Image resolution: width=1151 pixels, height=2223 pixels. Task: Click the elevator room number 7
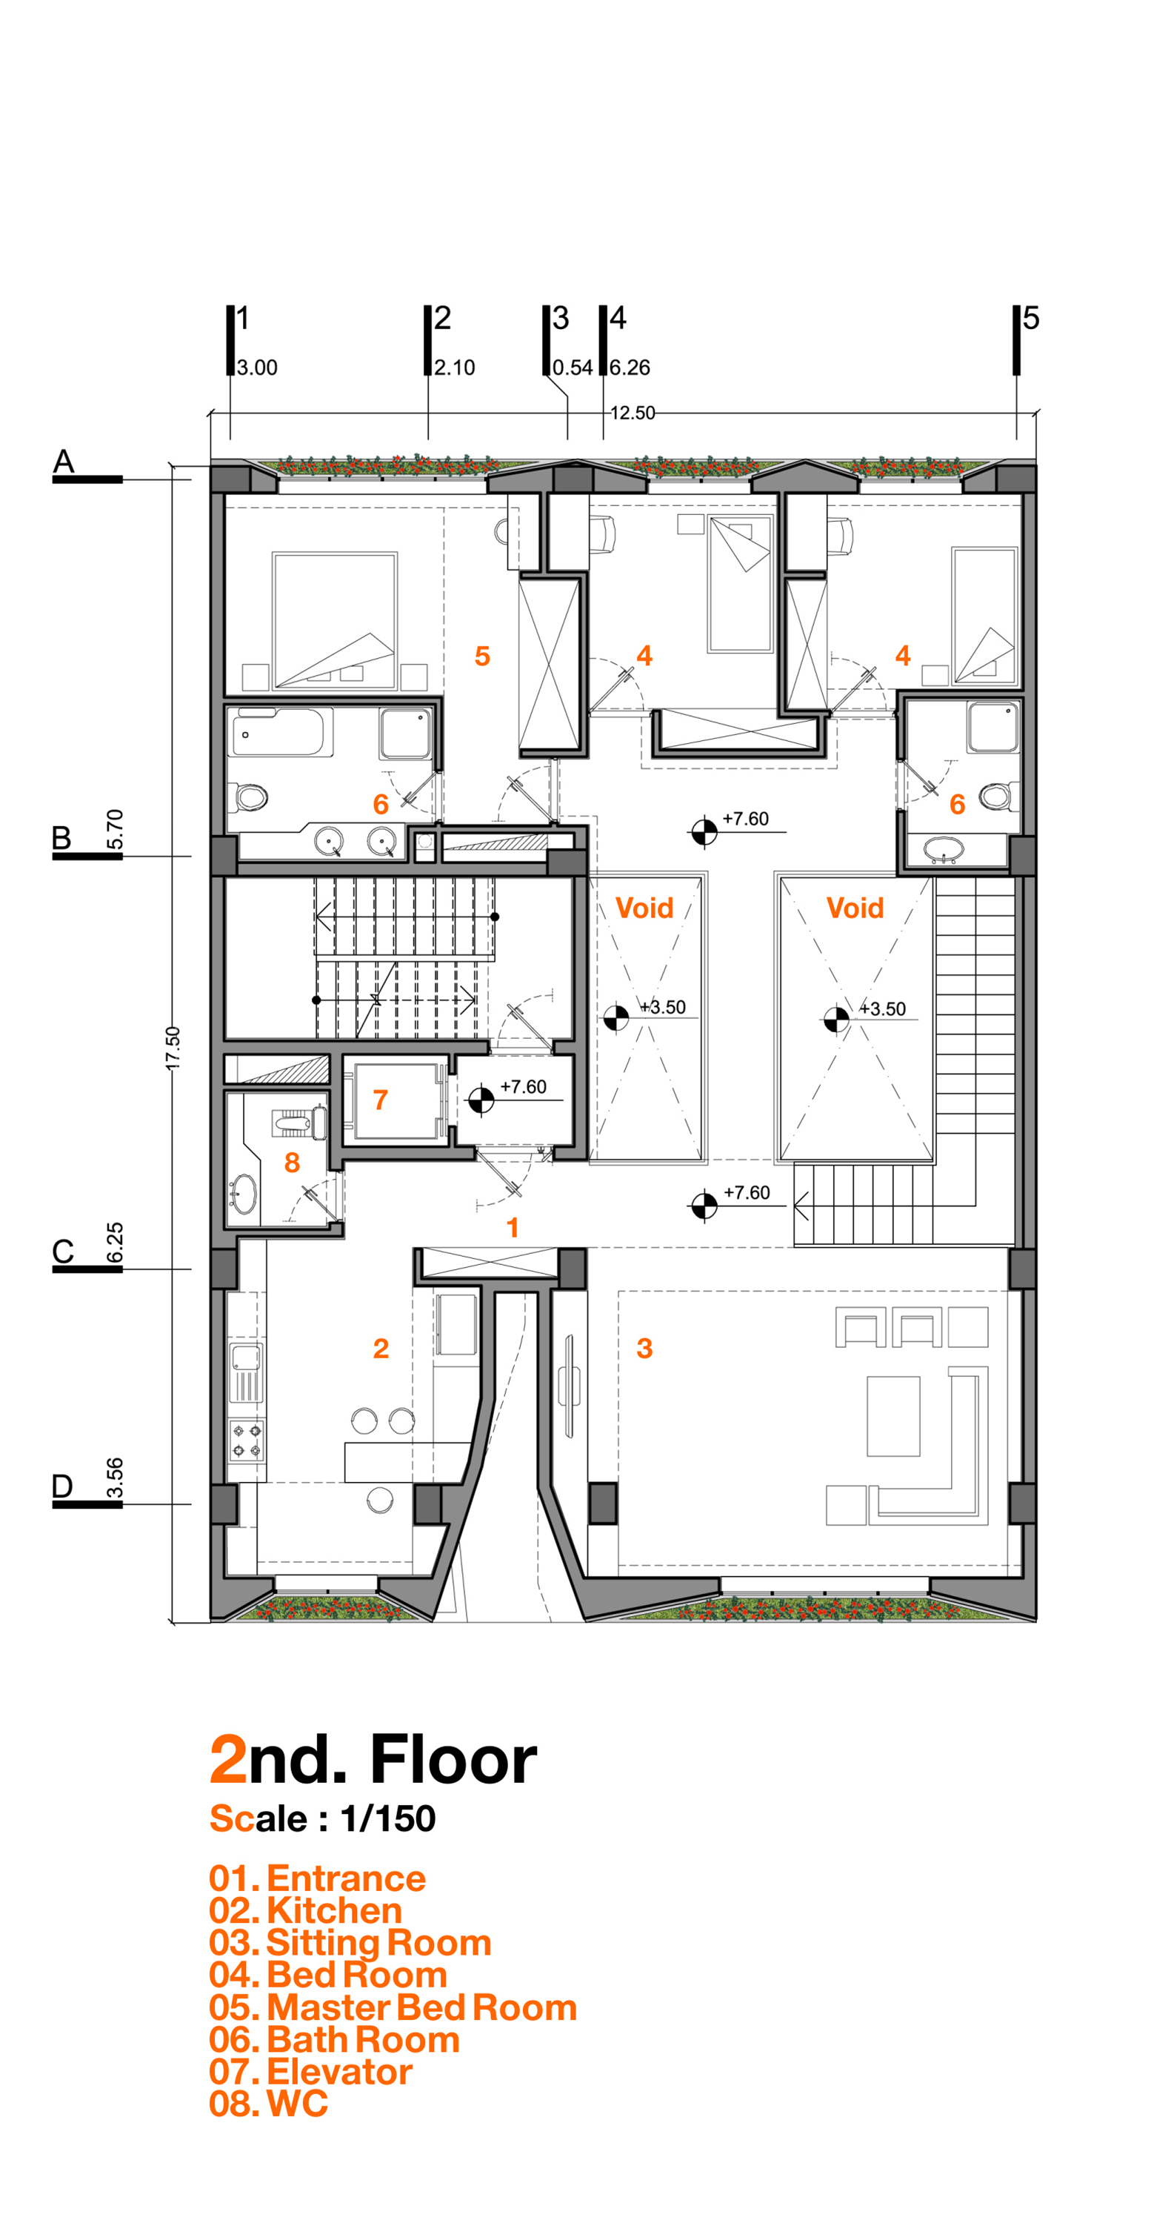(x=380, y=1100)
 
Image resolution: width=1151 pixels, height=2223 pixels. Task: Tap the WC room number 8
(x=292, y=1163)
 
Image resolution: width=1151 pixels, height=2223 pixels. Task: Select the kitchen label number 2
(x=381, y=1348)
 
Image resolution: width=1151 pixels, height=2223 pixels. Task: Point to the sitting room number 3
(x=644, y=1348)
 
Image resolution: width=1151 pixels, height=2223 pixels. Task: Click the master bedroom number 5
(x=482, y=656)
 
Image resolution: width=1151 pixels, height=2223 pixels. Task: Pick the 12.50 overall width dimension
(x=633, y=413)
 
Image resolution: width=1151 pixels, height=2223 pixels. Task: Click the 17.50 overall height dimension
(x=173, y=1048)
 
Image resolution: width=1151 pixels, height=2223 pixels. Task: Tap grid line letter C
(x=63, y=1251)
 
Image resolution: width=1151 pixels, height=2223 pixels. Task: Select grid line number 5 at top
(x=1030, y=319)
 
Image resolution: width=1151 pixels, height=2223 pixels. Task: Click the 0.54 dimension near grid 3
(x=572, y=368)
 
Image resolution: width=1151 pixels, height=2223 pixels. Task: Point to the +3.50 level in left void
(x=663, y=1007)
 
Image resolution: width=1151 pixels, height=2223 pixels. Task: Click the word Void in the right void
(x=854, y=908)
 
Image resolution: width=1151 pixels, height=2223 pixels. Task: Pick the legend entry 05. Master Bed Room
(x=393, y=2007)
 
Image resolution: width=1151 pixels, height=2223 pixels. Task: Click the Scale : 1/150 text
(x=323, y=1818)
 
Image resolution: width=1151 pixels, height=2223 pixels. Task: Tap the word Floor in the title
(x=453, y=1761)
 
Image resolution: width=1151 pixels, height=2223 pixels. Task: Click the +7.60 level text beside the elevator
(x=523, y=1086)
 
